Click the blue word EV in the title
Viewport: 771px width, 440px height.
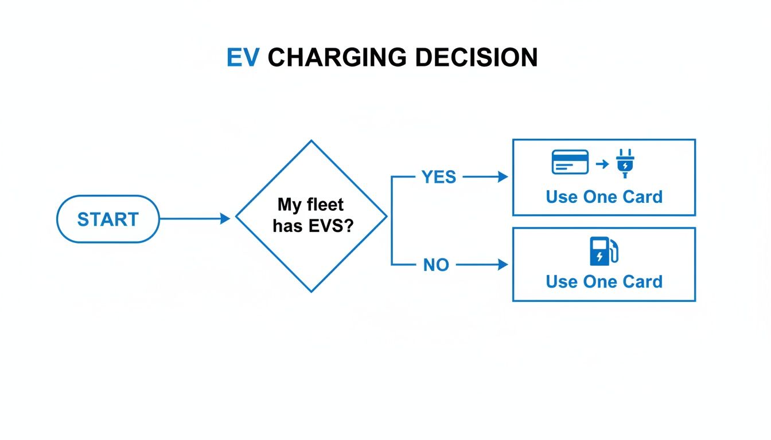click(x=243, y=58)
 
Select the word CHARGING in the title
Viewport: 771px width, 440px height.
click(x=337, y=58)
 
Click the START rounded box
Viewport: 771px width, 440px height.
click(x=108, y=219)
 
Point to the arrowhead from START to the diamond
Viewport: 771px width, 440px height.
click(x=225, y=218)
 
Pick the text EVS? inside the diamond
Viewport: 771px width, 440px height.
click(x=333, y=226)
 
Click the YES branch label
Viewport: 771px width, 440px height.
click(x=439, y=178)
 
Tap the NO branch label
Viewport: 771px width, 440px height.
click(x=436, y=265)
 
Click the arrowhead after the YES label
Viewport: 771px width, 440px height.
click(x=503, y=178)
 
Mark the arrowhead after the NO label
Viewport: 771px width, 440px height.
click(x=503, y=265)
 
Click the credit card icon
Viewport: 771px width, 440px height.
click(x=570, y=162)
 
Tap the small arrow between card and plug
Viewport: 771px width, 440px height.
click(x=602, y=164)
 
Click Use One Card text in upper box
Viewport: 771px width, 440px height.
click(x=604, y=197)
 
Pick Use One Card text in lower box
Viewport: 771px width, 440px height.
click(x=604, y=282)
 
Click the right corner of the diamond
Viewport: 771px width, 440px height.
click(x=385, y=217)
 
